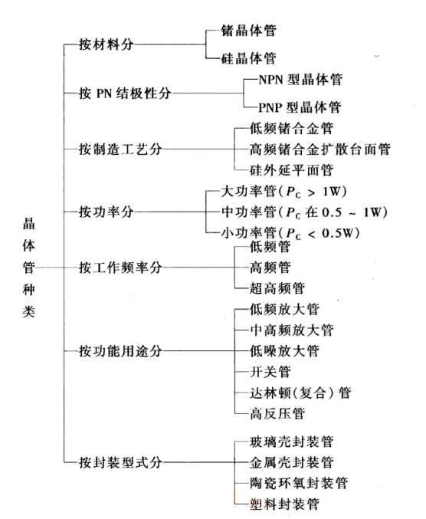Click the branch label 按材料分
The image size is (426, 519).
(x=106, y=44)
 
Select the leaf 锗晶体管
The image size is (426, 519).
(x=249, y=31)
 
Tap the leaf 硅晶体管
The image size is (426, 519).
(x=249, y=58)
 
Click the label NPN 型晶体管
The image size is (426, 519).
(x=300, y=80)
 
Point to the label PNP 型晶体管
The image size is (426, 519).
(x=300, y=107)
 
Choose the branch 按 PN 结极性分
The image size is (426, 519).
(x=125, y=94)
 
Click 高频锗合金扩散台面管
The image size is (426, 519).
(x=319, y=149)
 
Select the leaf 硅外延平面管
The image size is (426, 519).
(x=291, y=170)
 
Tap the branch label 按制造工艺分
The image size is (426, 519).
(x=120, y=149)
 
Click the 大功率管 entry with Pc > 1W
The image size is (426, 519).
(x=283, y=192)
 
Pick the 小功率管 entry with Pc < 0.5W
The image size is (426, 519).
(x=290, y=233)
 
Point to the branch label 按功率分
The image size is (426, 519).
(x=106, y=212)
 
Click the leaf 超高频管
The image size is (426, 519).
(x=277, y=288)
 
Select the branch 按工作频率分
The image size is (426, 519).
(x=120, y=268)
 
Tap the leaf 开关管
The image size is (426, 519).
(x=270, y=372)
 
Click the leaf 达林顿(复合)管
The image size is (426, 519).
(x=300, y=393)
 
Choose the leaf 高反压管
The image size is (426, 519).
(x=277, y=414)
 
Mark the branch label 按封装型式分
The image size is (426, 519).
(x=120, y=462)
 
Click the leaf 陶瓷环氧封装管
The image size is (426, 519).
(x=298, y=483)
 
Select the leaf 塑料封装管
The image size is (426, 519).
(x=284, y=504)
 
